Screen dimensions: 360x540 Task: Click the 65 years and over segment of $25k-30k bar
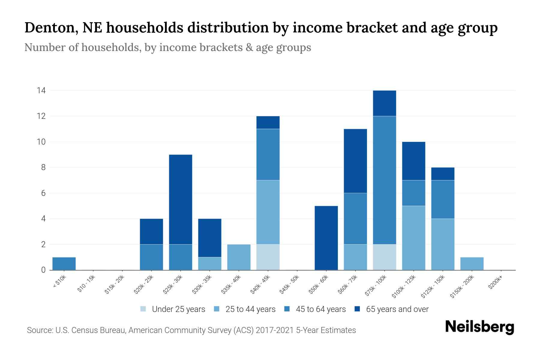coord(181,199)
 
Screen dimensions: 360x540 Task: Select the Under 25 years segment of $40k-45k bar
coord(268,257)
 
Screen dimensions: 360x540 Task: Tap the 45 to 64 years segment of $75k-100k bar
coord(384,180)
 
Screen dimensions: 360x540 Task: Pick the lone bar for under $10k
coord(64,263)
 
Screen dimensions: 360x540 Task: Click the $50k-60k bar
coord(326,238)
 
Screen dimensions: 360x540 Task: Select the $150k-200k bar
coord(472,263)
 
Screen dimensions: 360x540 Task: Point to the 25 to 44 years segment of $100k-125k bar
coord(413,238)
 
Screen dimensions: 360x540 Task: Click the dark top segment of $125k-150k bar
coord(442,174)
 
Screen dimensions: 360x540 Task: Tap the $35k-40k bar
coord(239,257)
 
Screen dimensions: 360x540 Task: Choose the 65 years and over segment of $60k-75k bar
coord(355,161)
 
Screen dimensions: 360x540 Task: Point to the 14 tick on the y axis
coord(41,90)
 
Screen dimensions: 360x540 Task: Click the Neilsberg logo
coord(479,327)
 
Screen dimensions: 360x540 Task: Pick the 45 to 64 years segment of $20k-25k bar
coord(151,257)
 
